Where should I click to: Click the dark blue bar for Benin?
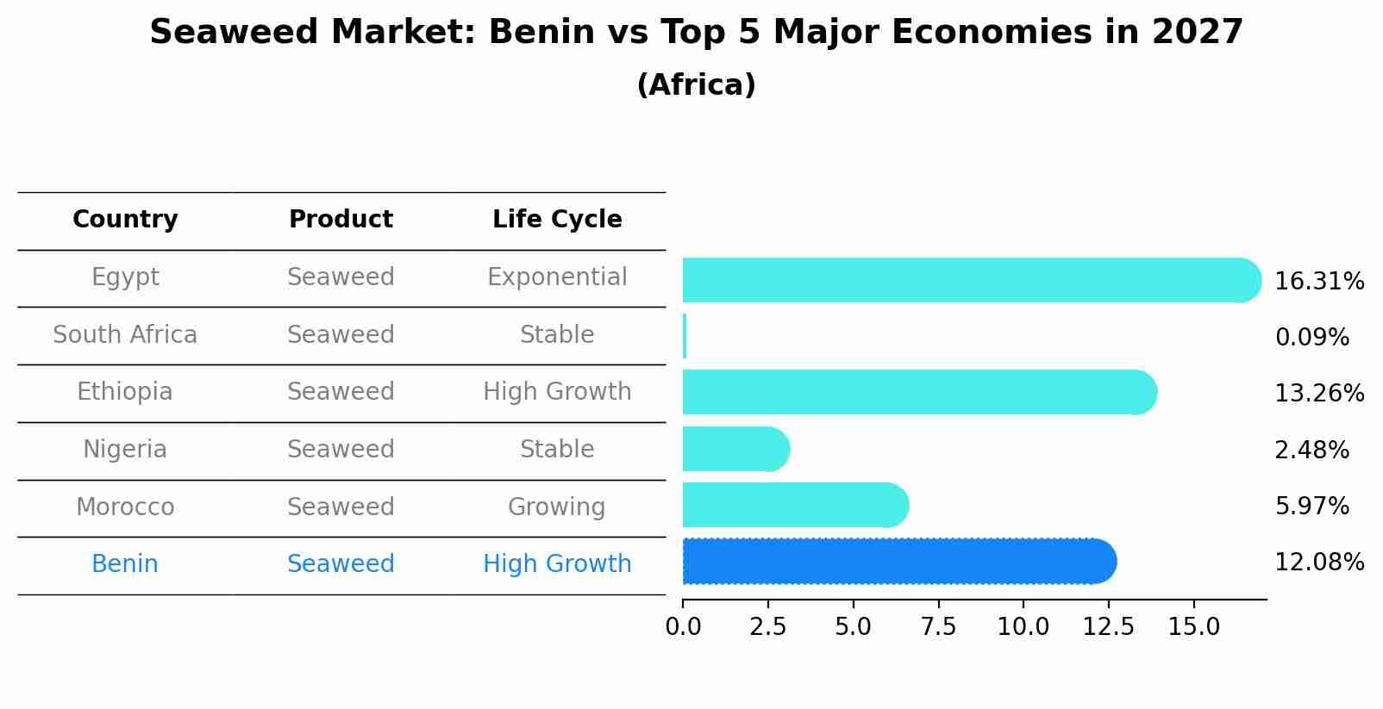click(897, 562)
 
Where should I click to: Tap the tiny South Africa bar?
click(685, 336)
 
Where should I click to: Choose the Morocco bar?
click(793, 505)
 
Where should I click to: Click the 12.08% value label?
click(1318, 563)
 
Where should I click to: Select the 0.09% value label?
click(1311, 338)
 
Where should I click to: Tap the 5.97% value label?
click(1311, 506)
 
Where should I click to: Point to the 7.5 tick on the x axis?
click(938, 626)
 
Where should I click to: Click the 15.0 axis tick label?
click(1193, 626)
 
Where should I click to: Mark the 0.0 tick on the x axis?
click(683, 626)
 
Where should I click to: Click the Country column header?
click(125, 220)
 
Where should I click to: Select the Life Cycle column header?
click(557, 220)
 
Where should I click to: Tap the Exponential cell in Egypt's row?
click(557, 277)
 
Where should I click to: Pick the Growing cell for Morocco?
click(556, 507)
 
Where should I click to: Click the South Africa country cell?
click(125, 334)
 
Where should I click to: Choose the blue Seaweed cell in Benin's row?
click(341, 564)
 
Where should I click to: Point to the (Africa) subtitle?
click(696, 85)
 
